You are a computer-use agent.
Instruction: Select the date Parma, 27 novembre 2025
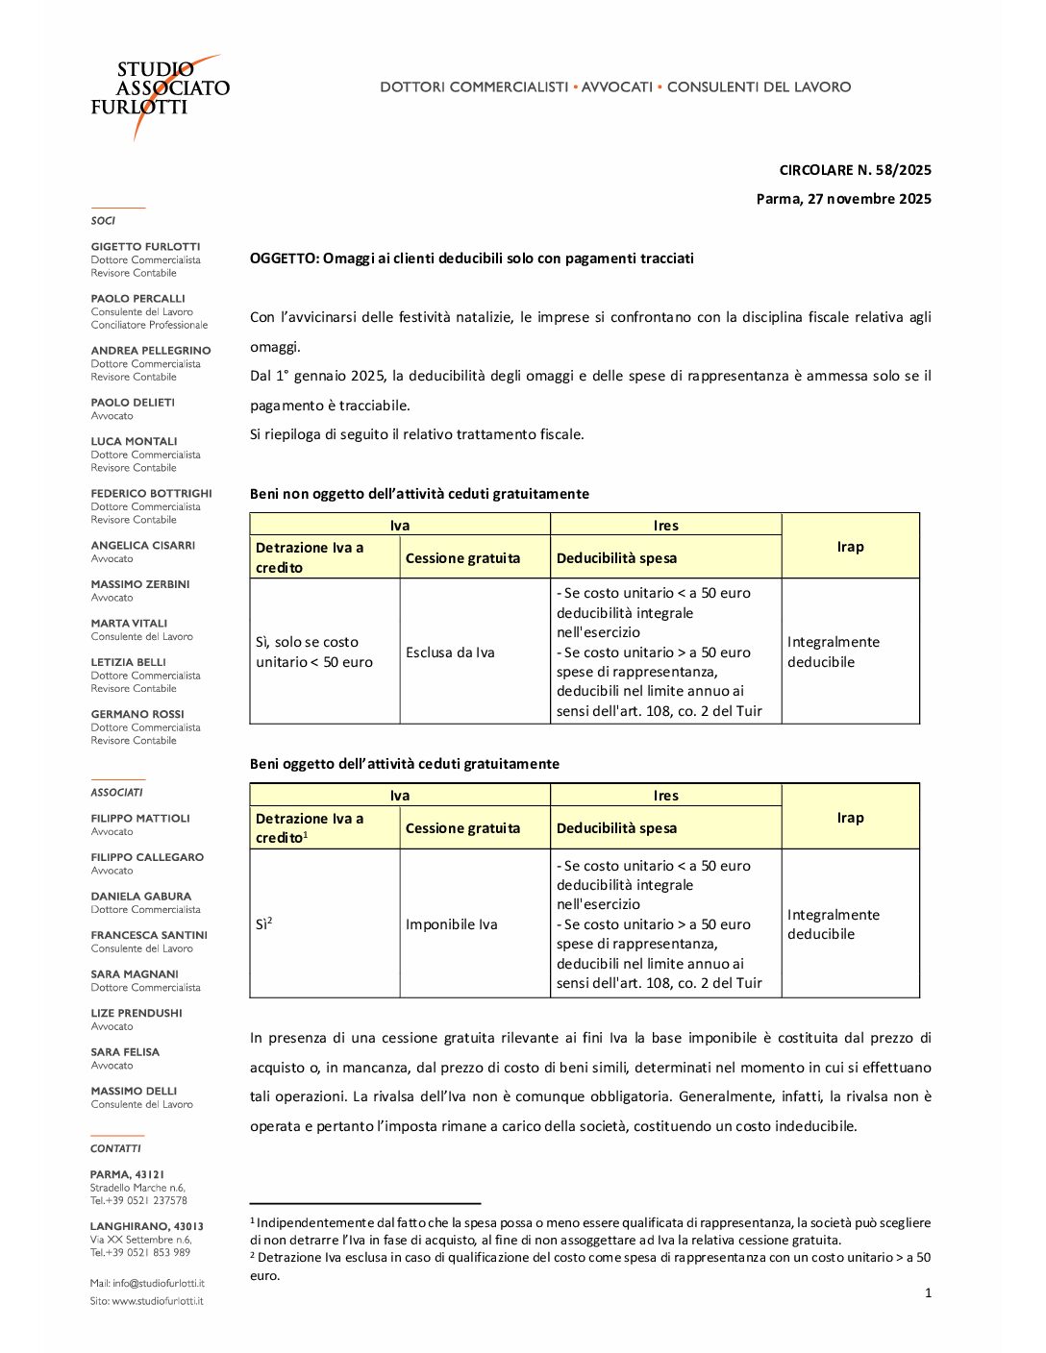click(843, 199)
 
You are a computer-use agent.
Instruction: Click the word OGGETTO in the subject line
click(284, 258)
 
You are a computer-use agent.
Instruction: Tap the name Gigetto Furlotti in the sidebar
click(145, 247)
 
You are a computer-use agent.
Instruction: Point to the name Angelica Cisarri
click(142, 546)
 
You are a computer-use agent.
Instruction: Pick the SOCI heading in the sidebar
click(103, 221)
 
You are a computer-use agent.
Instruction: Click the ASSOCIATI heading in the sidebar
click(116, 793)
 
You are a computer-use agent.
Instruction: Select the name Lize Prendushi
click(136, 1014)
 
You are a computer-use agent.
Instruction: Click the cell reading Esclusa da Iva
click(450, 652)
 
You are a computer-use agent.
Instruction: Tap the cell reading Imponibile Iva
click(451, 924)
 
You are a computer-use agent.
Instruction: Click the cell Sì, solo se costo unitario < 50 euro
click(314, 652)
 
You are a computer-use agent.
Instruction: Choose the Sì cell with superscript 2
click(263, 923)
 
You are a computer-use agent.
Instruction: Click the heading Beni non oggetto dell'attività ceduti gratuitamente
click(419, 494)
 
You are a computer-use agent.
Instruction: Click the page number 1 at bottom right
click(928, 1293)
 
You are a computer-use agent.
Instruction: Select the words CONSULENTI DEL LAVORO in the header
click(759, 87)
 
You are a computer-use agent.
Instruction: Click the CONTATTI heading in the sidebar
click(115, 1149)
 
